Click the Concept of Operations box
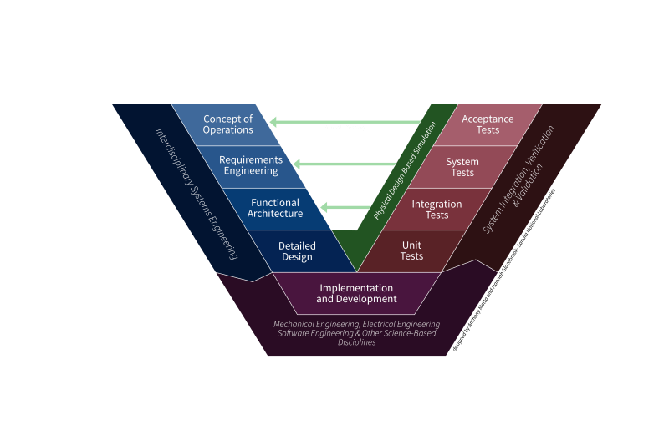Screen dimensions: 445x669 click(x=227, y=124)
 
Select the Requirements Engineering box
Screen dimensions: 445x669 click(x=250, y=165)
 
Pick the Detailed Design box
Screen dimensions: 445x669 click(x=296, y=251)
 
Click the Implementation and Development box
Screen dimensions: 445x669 click(x=356, y=294)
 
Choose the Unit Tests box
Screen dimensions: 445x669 click(x=411, y=251)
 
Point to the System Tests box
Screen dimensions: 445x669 click(x=462, y=167)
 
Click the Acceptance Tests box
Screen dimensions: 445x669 click(x=488, y=124)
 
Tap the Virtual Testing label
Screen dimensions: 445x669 click(x=344, y=128)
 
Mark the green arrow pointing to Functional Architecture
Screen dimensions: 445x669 click(x=346, y=206)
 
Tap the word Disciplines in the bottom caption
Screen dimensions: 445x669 click(x=356, y=342)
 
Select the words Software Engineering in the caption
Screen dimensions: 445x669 click(x=310, y=333)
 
